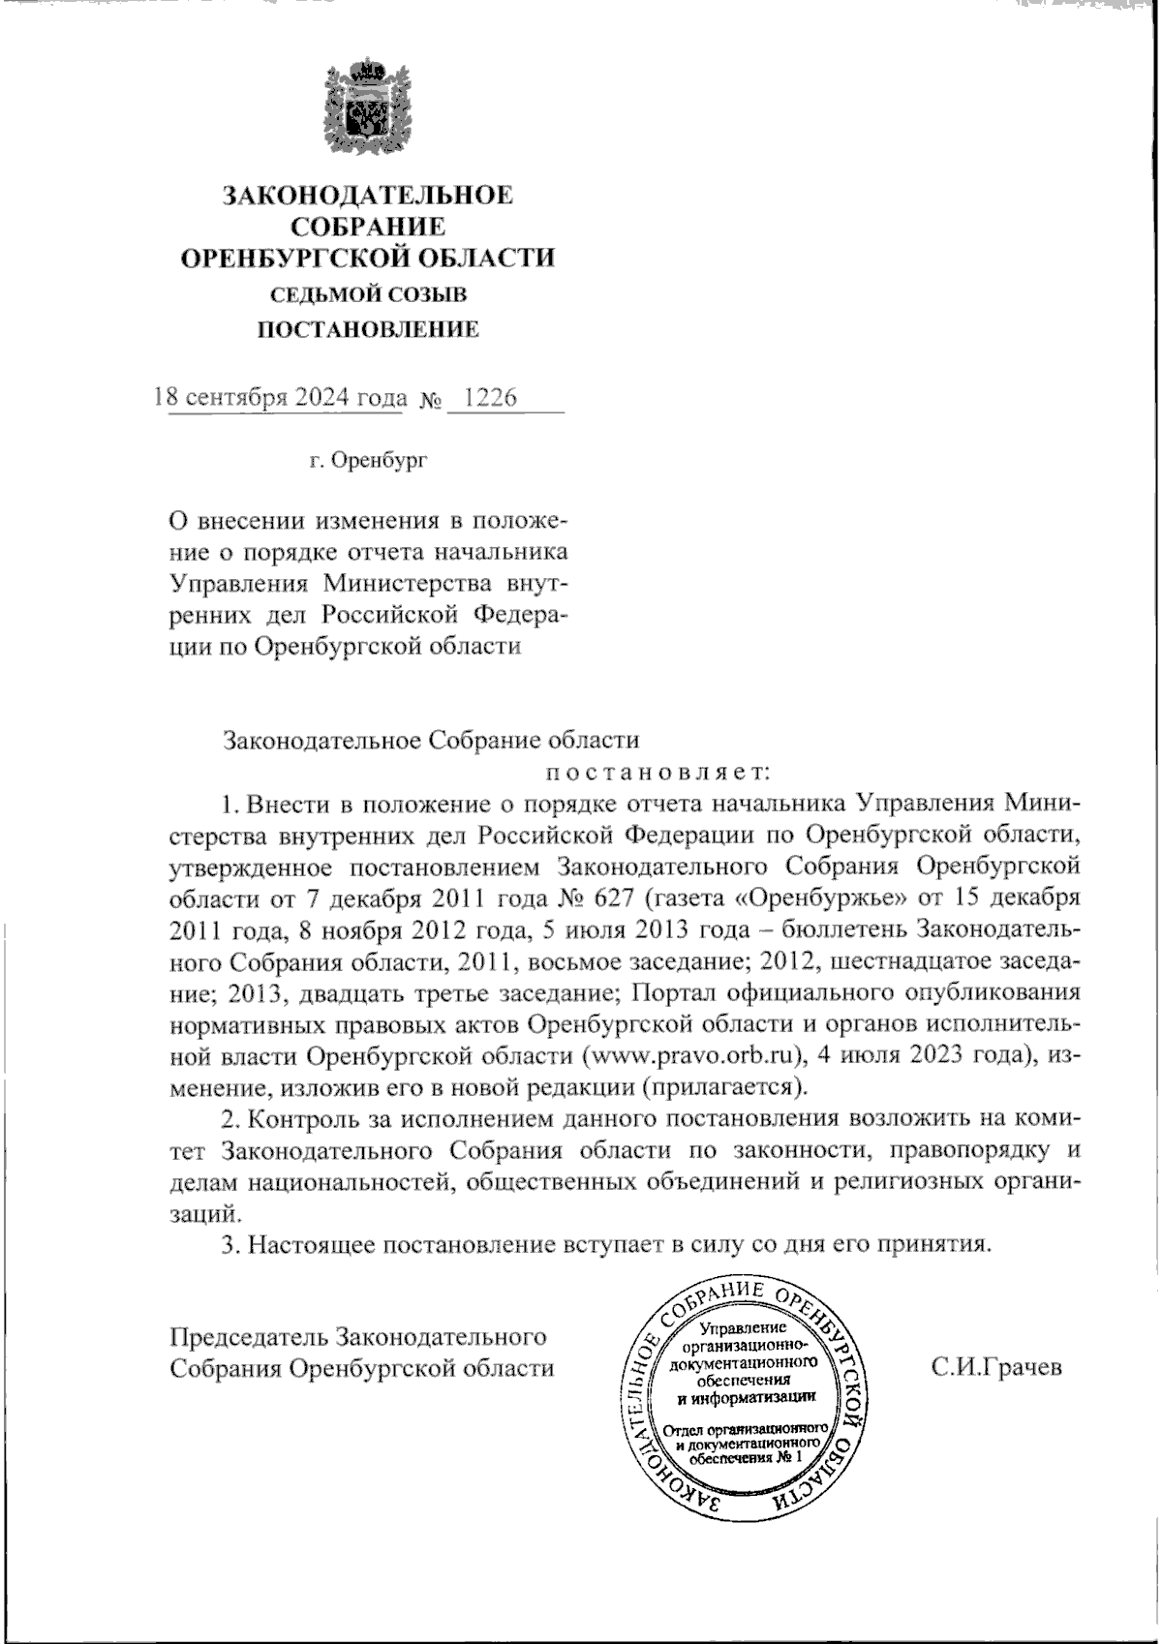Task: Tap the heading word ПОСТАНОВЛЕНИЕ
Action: (369, 330)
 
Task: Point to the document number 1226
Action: (491, 398)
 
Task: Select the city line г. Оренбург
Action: (369, 461)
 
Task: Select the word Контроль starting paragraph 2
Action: (296, 1118)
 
